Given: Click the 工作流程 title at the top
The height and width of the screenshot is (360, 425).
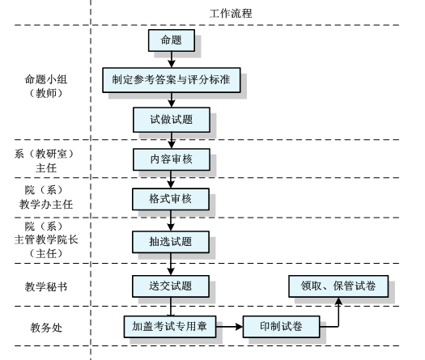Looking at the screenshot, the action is pyautogui.click(x=231, y=13).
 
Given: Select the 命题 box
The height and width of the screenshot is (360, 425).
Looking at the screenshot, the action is pyautogui.click(x=172, y=40).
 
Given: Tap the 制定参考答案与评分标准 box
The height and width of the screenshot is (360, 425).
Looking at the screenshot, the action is pyautogui.click(x=172, y=80).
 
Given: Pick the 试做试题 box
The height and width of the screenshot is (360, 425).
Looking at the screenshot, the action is pyautogui.click(x=172, y=120).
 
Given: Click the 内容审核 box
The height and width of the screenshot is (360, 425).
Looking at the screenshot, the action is pyautogui.click(x=172, y=159).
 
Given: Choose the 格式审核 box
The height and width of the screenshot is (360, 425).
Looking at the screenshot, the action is pyautogui.click(x=171, y=199).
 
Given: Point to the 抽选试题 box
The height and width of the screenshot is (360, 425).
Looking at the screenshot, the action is pyautogui.click(x=171, y=242).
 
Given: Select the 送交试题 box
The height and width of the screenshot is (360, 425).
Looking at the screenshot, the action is pyautogui.click(x=171, y=286).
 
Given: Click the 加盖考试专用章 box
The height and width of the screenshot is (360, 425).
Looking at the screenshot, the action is pyautogui.click(x=170, y=327).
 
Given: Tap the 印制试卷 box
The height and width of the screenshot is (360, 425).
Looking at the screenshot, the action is pyautogui.click(x=281, y=327).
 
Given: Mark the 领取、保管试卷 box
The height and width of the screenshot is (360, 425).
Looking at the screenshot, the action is pyautogui.click(x=338, y=286).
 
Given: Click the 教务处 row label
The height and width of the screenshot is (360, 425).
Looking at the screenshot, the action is pyautogui.click(x=46, y=328).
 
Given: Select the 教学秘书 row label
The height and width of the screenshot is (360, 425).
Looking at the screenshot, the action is pyautogui.click(x=46, y=286).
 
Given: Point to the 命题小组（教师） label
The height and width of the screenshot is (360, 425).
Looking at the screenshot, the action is pyautogui.click(x=46, y=86).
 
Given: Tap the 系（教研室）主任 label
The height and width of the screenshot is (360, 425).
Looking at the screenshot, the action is pyautogui.click(x=45, y=161).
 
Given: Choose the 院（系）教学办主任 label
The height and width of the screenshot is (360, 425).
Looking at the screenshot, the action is pyautogui.click(x=46, y=197).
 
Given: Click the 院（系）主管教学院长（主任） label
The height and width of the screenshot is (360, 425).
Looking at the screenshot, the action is pyautogui.click(x=46, y=239).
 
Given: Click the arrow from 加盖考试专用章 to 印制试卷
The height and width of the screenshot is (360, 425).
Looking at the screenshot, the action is pyautogui.click(x=229, y=327).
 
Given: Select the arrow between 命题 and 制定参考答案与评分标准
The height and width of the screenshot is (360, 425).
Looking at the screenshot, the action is pyautogui.click(x=172, y=59).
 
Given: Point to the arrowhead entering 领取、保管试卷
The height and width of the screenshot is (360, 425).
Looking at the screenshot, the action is pyautogui.click(x=338, y=301).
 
